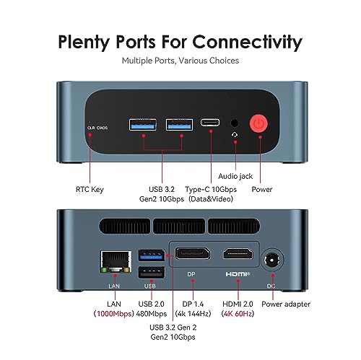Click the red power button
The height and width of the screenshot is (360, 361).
258,123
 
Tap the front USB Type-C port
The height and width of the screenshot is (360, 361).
210,123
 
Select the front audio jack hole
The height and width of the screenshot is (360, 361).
235,123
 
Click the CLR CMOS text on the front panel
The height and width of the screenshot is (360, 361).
97,128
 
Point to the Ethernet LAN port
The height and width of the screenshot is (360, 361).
116,262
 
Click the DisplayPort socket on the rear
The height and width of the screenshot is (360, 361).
192,253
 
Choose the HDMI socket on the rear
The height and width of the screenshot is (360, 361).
238,253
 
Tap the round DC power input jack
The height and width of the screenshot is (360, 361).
272,260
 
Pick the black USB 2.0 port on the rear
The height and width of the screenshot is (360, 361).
152,273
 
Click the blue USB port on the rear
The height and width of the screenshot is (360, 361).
152,255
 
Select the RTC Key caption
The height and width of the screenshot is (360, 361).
90,190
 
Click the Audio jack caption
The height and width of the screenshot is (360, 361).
235,176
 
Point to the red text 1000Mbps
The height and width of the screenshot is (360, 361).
114,314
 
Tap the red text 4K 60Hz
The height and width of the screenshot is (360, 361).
238,314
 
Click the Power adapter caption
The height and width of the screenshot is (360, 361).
286,304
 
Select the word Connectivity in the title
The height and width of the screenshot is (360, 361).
247,42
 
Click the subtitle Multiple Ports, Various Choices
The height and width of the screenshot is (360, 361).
180,61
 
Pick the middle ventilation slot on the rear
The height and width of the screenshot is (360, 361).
179,226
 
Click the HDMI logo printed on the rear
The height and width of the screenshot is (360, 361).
238,274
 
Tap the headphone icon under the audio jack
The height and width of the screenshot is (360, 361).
235,135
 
